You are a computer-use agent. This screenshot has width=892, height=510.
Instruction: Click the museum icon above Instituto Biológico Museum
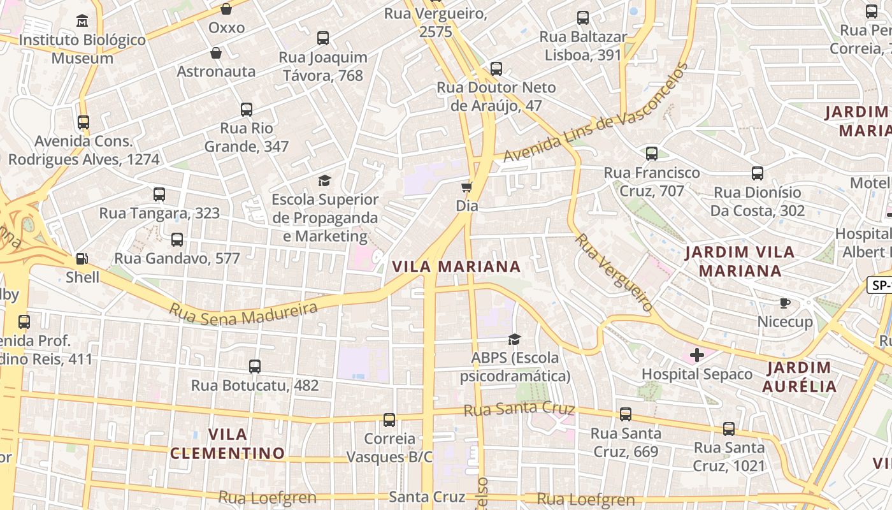82,21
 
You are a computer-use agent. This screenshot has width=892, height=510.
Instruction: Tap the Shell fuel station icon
82,258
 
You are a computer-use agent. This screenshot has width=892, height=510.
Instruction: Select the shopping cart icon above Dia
467,187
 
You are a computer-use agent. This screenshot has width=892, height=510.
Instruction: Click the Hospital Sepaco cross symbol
697,355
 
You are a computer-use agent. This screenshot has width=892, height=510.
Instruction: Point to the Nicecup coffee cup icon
785,303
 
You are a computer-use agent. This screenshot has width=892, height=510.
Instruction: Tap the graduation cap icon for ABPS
514,339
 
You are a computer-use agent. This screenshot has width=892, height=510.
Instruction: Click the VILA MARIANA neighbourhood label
456,266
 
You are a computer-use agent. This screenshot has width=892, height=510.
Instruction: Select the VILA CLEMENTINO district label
227,444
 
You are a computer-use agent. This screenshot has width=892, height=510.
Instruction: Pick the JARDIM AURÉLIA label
799,377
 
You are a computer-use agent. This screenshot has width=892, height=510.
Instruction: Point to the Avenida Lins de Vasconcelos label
596,113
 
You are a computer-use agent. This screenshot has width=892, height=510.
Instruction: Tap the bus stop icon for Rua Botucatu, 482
255,367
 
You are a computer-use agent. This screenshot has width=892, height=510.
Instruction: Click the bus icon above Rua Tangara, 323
159,194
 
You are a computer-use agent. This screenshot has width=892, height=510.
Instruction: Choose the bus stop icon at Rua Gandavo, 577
177,240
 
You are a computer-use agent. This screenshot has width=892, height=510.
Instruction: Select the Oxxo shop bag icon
226,9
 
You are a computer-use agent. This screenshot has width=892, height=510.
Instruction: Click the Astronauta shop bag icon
216,53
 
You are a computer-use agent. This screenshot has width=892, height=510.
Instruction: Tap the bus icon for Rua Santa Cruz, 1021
729,429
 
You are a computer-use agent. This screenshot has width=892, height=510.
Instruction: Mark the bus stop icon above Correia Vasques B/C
389,420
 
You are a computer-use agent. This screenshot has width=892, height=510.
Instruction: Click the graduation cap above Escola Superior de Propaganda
325,181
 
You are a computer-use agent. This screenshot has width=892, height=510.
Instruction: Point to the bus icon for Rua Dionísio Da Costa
758,173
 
